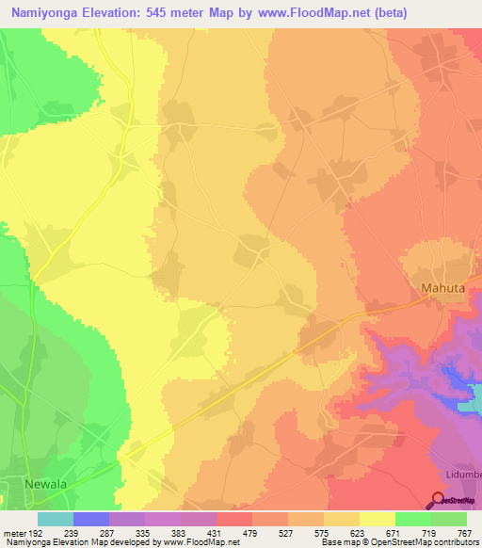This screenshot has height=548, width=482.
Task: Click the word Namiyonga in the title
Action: point(45,13)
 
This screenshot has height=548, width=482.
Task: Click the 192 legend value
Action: point(37,534)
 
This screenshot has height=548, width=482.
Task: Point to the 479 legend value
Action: point(251,534)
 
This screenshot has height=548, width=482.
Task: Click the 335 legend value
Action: point(144,534)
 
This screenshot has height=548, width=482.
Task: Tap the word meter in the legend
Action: point(13,534)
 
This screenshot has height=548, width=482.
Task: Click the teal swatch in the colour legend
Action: point(55,519)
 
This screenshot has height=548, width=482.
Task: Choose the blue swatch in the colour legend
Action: point(90,519)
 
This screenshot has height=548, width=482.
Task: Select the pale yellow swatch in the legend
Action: point(377,519)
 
